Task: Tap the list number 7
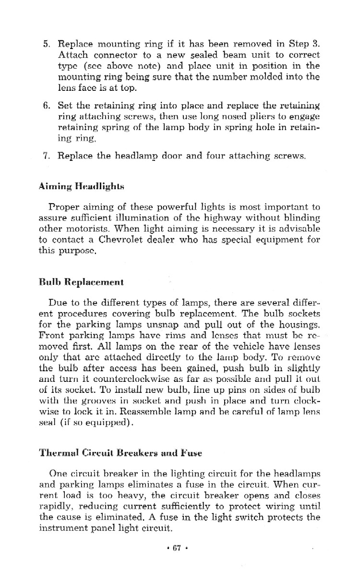[47, 156]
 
